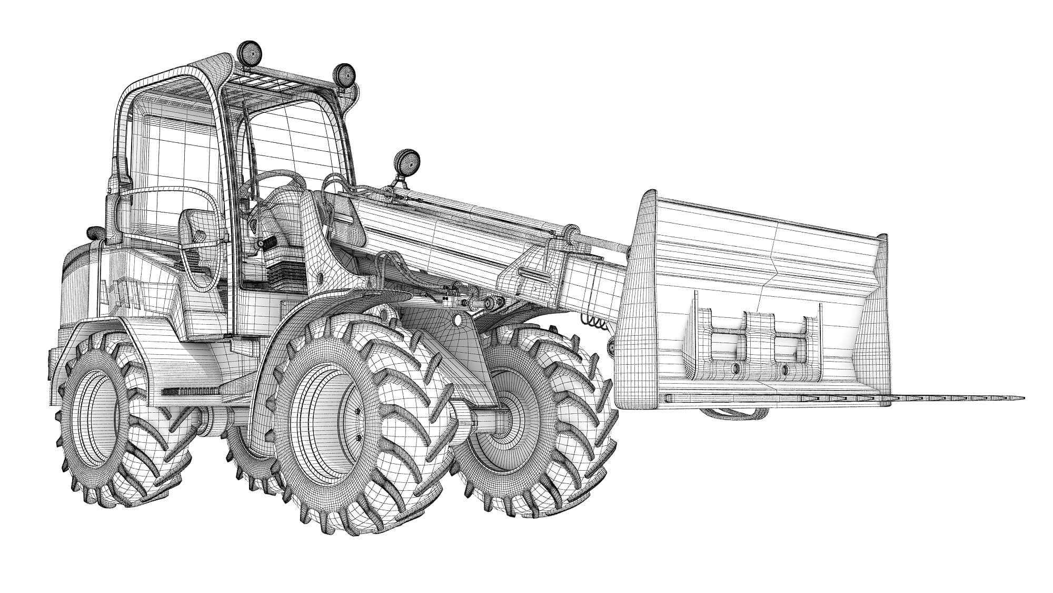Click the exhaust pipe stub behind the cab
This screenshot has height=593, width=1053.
pos(94,231)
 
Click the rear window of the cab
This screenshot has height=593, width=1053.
pos(174,158)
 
